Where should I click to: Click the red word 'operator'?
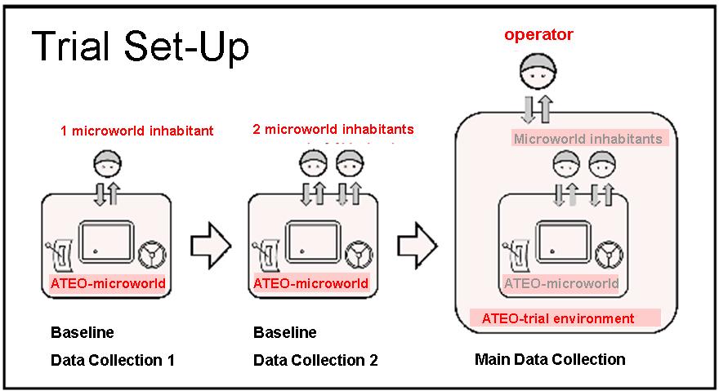[538, 34]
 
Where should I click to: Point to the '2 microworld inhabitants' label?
[333, 129]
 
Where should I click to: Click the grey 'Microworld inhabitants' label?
[587, 139]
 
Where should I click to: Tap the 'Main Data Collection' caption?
[550, 359]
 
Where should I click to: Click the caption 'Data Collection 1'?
[113, 360]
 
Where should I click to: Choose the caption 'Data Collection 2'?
[315, 360]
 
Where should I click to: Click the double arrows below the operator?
[537, 109]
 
